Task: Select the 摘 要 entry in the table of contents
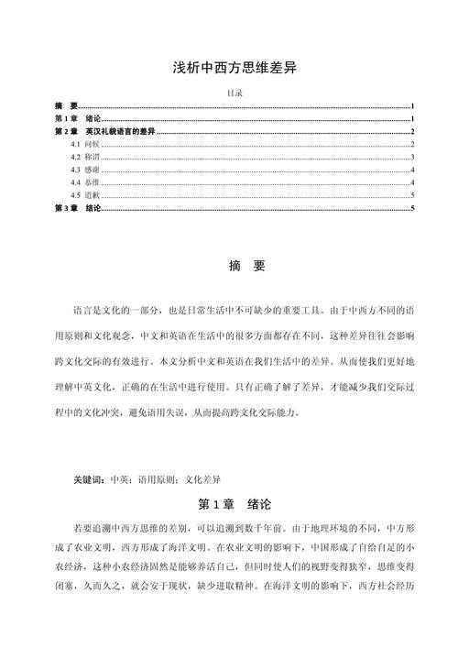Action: coord(66,107)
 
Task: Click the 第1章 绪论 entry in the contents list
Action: coord(78,120)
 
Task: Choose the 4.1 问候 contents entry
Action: coord(83,145)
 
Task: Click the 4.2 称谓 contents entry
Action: coord(83,158)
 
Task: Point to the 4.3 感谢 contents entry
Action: coord(83,170)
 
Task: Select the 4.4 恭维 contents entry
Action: coord(83,183)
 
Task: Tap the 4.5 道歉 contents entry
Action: coord(83,195)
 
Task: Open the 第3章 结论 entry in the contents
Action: coord(78,209)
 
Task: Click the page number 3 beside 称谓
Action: coord(414,158)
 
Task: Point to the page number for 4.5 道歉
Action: coord(414,195)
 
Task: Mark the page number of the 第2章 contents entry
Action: coord(414,133)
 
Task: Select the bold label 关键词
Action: coord(89,479)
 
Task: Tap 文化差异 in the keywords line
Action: coord(202,479)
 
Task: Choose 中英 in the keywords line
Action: coord(120,479)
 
